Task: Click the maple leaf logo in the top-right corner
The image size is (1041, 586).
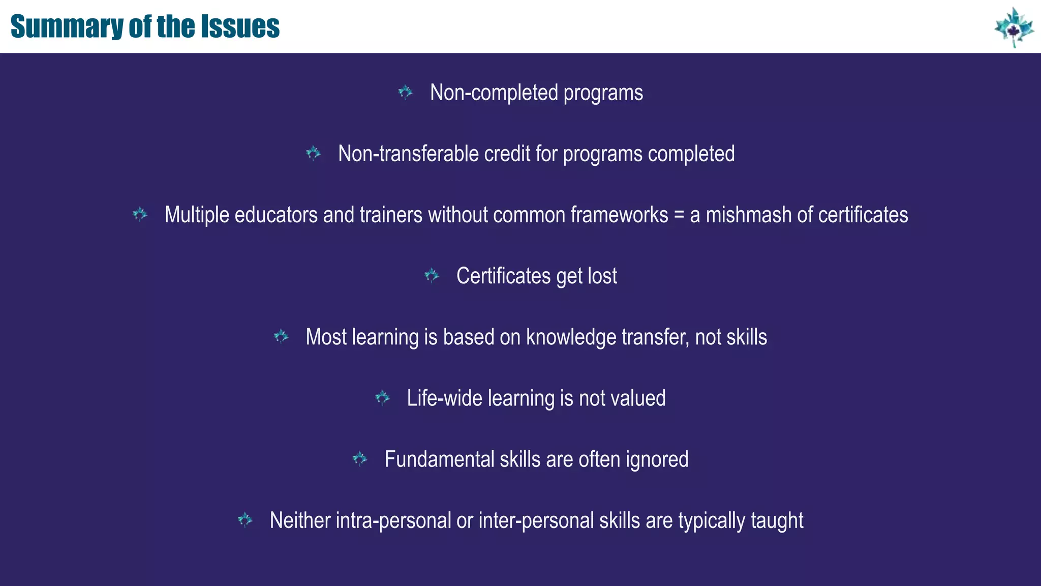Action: [1014, 27]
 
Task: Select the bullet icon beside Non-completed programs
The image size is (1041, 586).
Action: [405, 92]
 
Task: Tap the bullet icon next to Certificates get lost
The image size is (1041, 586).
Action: [432, 276]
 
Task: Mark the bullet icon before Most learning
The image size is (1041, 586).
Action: [281, 336]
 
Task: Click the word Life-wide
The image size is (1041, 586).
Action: [444, 398]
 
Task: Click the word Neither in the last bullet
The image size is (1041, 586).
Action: [300, 520]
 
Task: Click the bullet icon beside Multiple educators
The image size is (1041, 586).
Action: [140, 214]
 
